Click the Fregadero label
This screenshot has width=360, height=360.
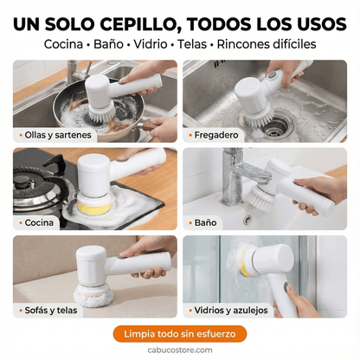[x=216, y=135]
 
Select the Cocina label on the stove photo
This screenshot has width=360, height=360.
[x=39, y=222]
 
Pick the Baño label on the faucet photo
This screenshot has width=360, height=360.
[x=205, y=222]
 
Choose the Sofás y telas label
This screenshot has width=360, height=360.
[x=50, y=310]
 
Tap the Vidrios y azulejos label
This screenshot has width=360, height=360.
[x=231, y=310]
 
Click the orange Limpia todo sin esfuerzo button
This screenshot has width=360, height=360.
[x=179, y=334]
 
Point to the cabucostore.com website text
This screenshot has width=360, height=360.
[x=179, y=351]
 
